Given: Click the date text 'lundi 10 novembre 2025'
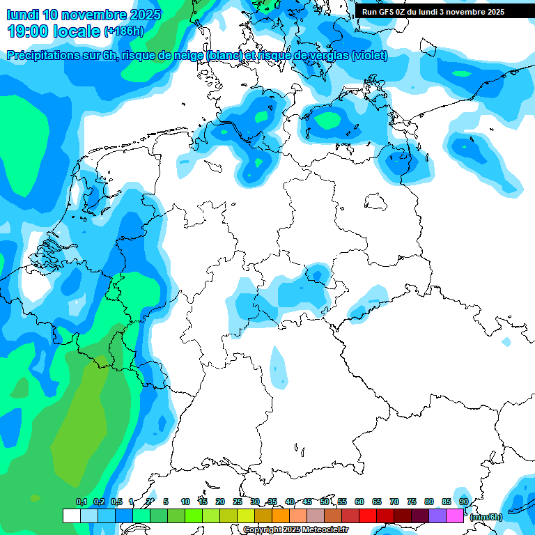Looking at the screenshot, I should pyautogui.click(x=84, y=15).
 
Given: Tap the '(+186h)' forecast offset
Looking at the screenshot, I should pyautogui.click(x=123, y=31).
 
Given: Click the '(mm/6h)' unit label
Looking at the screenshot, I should pyautogui.click(x=486, y=517).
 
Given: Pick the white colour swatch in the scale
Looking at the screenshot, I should pyautogui.click(x=71, y=516).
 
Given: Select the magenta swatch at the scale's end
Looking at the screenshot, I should pyautogui.click(x=455, y=516).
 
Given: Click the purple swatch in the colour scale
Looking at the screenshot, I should pyautogui.click(x=437, y=516).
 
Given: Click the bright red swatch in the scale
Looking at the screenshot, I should pyautogui.click(x=368, y=516).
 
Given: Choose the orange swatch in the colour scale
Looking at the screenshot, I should pyautogui.click(x=281, y=516).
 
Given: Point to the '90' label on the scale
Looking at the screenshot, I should pyautogui.click(x=464, y=502).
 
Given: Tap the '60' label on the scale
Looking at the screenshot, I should pyautogui.click(x=359, y=502).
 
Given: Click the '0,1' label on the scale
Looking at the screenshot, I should pyautogui.click(x=81, y=502).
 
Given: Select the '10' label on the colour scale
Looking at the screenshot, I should pyautogui.click(x=185, y=502).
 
